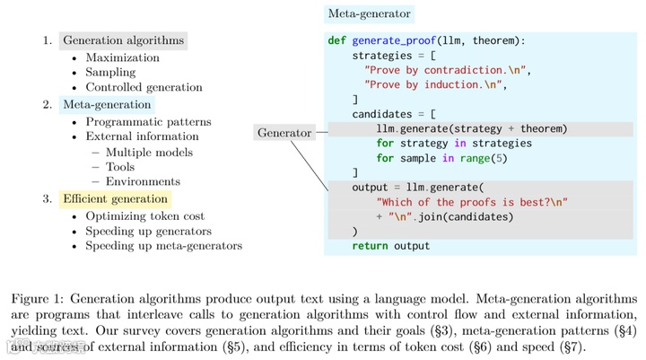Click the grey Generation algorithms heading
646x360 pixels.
[x=123, y=40]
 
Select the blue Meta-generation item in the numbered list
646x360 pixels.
[x=107, y=105]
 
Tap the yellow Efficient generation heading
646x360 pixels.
[x=115, y=198]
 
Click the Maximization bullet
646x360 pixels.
[x=122, y=57]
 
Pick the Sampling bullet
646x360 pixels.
[x=110, y=73]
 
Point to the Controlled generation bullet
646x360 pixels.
[x=144, y=88]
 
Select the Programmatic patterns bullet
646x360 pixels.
[x=148, y=121]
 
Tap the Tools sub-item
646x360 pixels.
[x=120, y=167]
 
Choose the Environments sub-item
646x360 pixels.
[x=143, y=182]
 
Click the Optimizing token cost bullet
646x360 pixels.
[x=144, y=216]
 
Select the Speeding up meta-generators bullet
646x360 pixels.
[x=163, y=246]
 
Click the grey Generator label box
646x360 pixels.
[x=284, y=133]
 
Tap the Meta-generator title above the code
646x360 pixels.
[x=369, y=13]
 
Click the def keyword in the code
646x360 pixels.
[x=337, y=41]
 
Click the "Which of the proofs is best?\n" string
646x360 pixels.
[x=472, y=202]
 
